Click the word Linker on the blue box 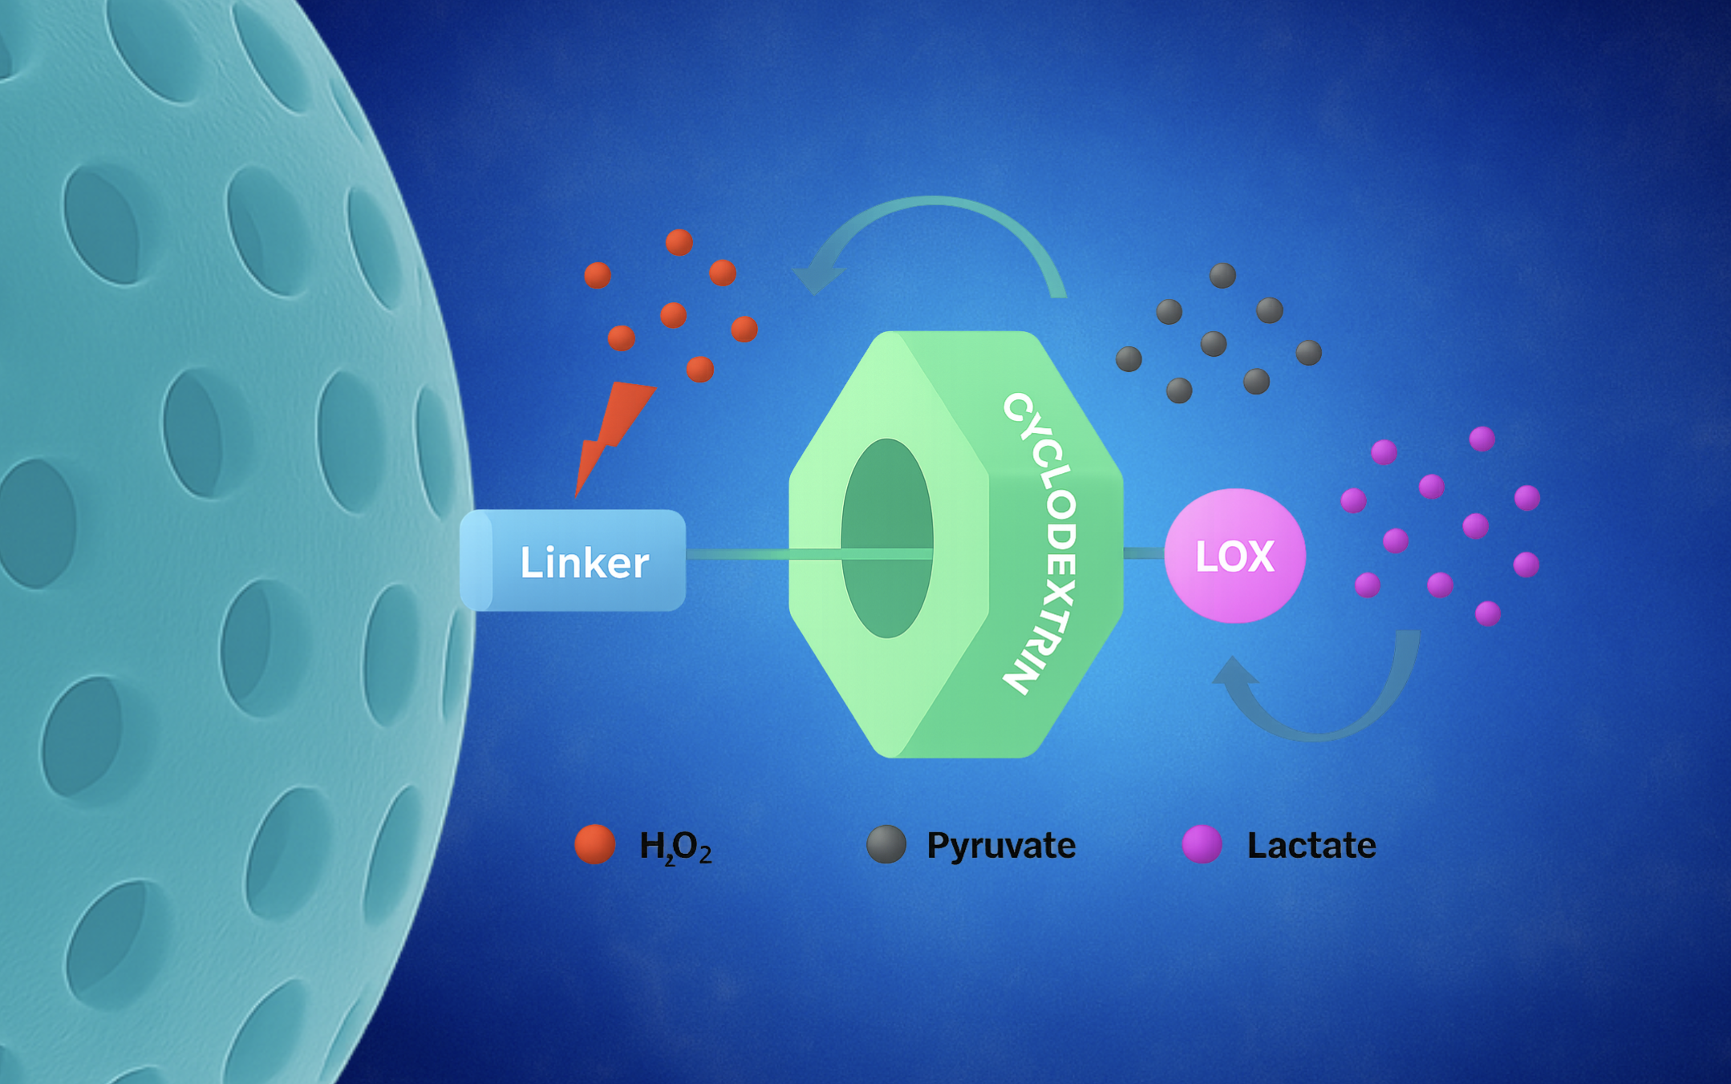click(x=584, y=563)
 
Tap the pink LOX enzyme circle click(x=1234, y=556)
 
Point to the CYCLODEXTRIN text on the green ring click(x=1040, y=543)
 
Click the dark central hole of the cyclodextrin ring click(x=886, y=538)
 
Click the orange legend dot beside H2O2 click(x=595, y=844)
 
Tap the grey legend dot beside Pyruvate click(x=886, y=844)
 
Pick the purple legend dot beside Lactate click(x=1202, y=844)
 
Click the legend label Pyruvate click(x=1001, y=846)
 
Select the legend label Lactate click(x=1311, y=845)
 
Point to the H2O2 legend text click(x=675, y=847)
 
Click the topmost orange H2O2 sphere click(x=679, y=242)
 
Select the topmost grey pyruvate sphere click(x=1222, y=275)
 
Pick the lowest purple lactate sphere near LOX click(x=1488, y=613)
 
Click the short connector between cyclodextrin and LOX click(x=1144, y=553)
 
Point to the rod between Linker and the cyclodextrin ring click(x=737, y=554)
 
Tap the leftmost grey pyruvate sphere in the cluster click(x=1129, y=358)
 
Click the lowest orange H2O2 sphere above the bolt click(x=699, y=369)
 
